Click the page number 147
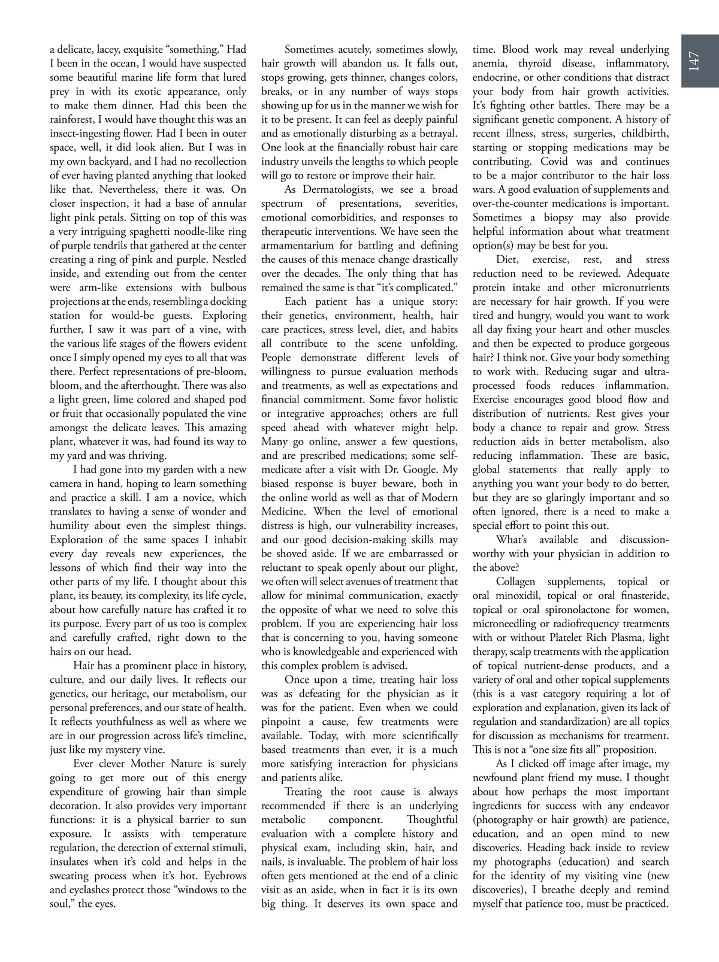coord(694,62)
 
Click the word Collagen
coord(519,582)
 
